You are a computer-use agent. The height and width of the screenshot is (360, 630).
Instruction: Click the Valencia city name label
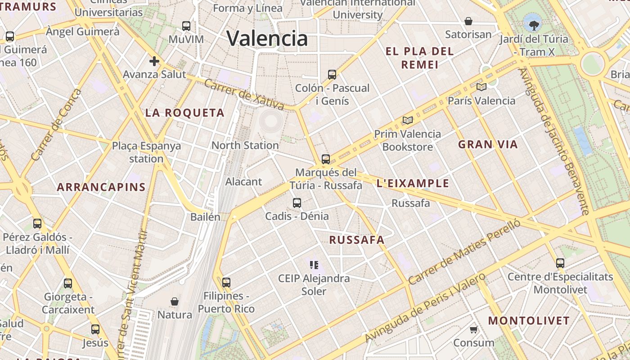pos(267,38)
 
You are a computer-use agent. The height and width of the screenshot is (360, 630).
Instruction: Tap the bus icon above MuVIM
pos(186,26)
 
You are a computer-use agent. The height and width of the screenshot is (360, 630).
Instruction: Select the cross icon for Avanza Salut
pos(154,61)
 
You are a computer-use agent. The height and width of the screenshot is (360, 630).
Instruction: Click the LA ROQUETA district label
pos(184,112)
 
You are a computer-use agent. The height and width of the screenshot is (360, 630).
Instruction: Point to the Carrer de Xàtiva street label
pos(244,94)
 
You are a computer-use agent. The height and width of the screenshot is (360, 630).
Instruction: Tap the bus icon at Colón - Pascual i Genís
pos(332,74)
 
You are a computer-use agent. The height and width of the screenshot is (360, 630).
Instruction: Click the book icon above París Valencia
pos(481,87)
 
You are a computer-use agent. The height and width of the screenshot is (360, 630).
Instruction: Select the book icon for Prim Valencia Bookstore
pos(408,120)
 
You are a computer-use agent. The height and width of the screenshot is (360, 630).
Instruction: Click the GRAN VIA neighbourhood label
pos(488,144)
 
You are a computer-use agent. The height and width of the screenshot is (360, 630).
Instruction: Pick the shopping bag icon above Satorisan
pos(468,21)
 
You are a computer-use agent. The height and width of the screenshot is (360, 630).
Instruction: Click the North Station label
pos(245,145)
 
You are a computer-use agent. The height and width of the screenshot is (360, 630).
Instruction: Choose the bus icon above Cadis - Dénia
pos(297,202)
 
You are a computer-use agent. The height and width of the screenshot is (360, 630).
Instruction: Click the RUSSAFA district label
pos(357,240)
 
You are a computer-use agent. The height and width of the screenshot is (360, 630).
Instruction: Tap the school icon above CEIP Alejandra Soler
pos(314,265)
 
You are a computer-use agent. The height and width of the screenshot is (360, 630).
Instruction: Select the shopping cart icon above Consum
pos(473,330)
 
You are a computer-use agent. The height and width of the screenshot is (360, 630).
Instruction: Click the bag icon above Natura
pos(175,301)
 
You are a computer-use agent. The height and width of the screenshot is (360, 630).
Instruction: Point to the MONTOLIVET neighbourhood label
pos(529,321)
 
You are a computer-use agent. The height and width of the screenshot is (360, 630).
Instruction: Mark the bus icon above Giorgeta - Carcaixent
pos(68,283)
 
